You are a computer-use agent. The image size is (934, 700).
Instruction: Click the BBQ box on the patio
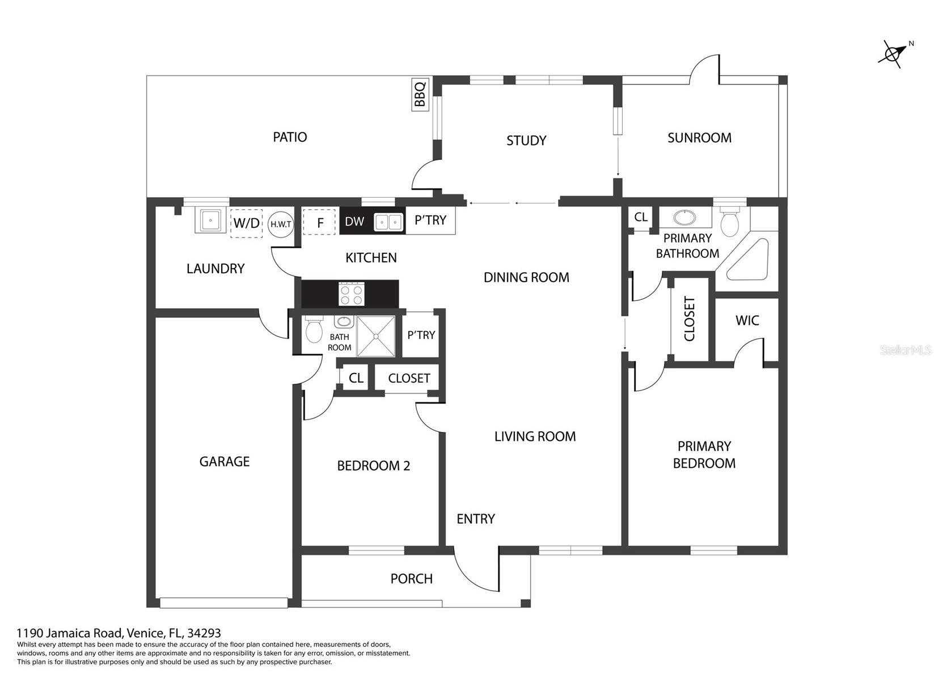click(420, 94)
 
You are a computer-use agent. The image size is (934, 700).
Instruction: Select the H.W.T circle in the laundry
click(280, 224)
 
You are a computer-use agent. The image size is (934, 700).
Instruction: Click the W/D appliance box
click(246, 223)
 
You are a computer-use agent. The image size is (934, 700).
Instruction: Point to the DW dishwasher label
click(354, 221)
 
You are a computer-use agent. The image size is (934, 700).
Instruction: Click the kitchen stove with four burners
click(352, 294)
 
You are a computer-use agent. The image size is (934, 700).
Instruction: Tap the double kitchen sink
click(388, 222)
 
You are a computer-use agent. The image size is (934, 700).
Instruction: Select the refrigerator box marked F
click(320, 222)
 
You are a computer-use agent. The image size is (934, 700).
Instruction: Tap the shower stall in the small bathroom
click(376, 336)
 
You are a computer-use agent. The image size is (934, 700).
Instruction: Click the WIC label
click(747, 321)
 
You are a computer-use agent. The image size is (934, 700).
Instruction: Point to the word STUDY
click(526, 141)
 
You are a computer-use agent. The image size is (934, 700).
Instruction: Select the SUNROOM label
click(699, 138)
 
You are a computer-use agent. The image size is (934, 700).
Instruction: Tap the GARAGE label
click(224, 461)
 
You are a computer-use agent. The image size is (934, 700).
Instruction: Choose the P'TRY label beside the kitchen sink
click(430, 220)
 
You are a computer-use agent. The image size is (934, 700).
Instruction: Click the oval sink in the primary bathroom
click(685, 218)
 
